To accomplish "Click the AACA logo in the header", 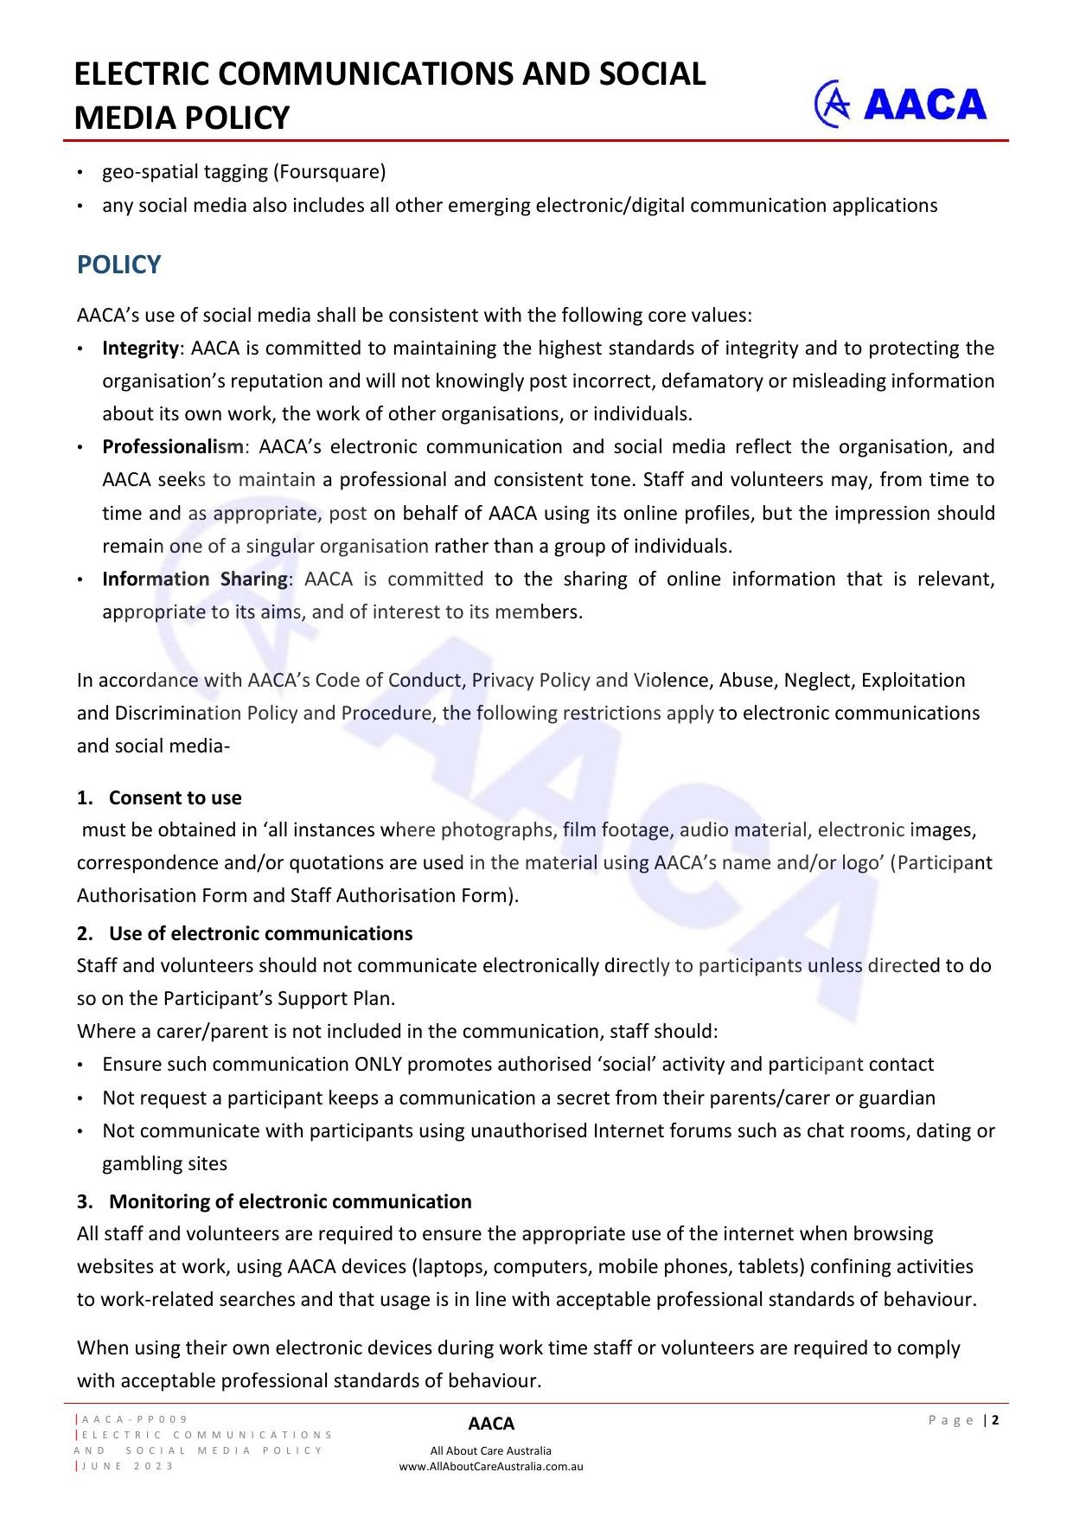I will coord(900,104).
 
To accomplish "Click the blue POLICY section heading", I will coord(118,265).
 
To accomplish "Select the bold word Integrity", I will coord(140,348).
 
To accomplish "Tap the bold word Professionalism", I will coord(173,447).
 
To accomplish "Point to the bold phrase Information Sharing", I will coord(195,579).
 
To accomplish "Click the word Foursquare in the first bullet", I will coord(329,171).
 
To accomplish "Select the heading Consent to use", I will coord(175,797).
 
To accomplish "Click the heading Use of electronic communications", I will coord(260,933).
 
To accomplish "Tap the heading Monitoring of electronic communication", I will coord(290,1201).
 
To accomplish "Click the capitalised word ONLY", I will coord(378,1065).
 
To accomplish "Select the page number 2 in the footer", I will coord(995,1420).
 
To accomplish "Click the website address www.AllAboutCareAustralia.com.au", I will coord(490,1467).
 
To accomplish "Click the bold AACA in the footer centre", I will coord(490,1424).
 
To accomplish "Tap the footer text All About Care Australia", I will coord(490,1451).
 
